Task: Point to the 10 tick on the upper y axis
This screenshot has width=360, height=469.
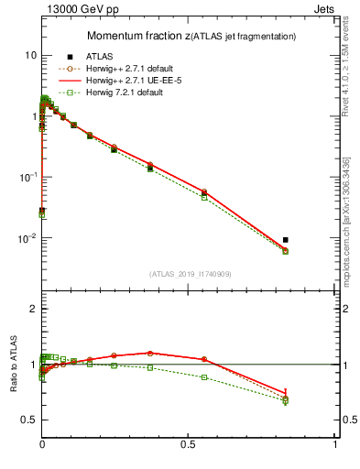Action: [x=30, y=55]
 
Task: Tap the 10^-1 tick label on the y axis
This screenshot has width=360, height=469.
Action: [x=27, y=177]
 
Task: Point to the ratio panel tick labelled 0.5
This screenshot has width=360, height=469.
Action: [x=27, y=420]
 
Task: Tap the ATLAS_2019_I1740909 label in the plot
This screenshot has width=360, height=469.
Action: [x=190, y=274]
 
